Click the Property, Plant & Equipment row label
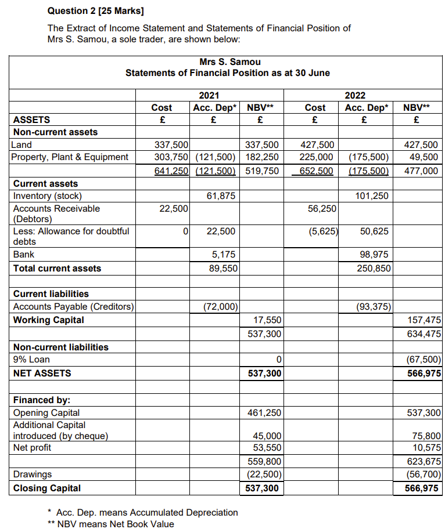point(70,157)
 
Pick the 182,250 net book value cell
point(261,157)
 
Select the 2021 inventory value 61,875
point(221,196)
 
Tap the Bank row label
point(24,254)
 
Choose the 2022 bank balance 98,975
point(374,254)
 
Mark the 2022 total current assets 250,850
point(374,268)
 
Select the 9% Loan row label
point(31,360)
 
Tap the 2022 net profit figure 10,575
point(427,447)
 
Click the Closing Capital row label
point(47,488)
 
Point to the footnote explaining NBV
point(110,524)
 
